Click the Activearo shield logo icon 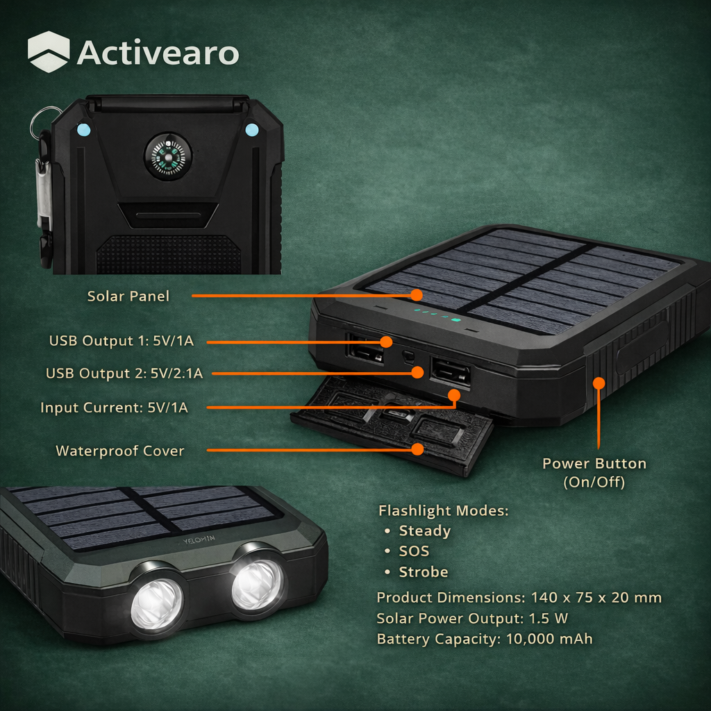click(49, 52)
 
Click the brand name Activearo click(158, 53)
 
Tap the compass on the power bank click(167, 156)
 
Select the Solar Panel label click(128, 296)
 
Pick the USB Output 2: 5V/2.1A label click(124, 374)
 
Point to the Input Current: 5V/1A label click(114, 408)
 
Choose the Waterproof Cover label click(120, 451)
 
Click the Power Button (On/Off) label click(594, 472)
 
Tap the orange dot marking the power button click(599, 383)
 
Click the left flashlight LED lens click(158, 601)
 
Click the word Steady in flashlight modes click(424, 531)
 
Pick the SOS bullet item click(414, 551)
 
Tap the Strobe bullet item click(423, 572)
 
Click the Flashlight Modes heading click(444, 511)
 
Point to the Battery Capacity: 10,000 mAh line click(485, 639)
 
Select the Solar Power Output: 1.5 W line click(473, 618)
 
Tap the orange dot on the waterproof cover click(417, 449)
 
